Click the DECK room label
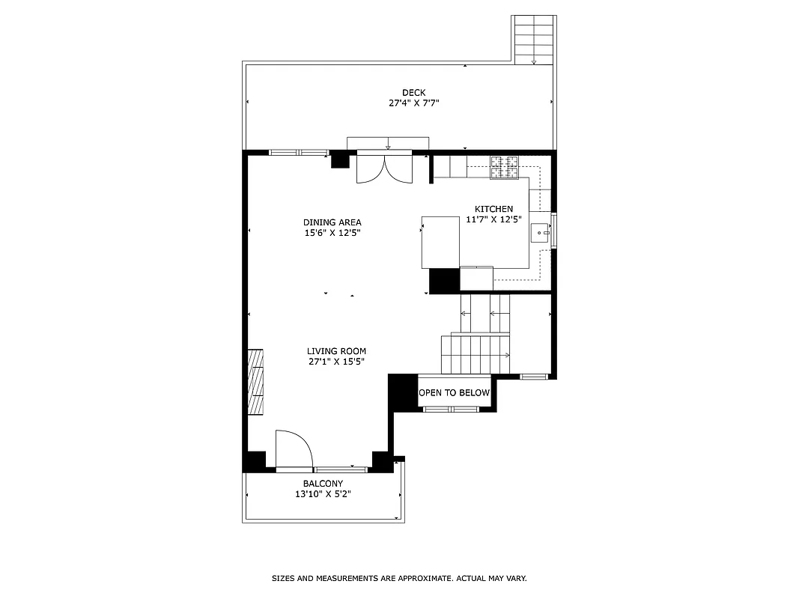[x=413, y=93]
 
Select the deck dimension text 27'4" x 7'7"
[x=413, y=103]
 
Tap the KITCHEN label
[x=493, y=209]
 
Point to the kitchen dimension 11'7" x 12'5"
[x=493, y=219]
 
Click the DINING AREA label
[x=332, y=222]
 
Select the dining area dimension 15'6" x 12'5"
[x=332, y=233]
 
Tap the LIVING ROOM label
[x=336, y=351]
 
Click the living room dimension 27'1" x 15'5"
[x=336, y=362]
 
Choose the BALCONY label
[x=323, y=484]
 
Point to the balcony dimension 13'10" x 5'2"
[x=323, y=494]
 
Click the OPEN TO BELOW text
[x=454, y=393]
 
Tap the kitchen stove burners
[x=505, y=168]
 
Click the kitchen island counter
[x=440, y=242]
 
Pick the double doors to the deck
[x=384, y=167]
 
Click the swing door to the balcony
[x=293, y=451]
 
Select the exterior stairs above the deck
[x=534, y=39]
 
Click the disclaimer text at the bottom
[x=398, y=578]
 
